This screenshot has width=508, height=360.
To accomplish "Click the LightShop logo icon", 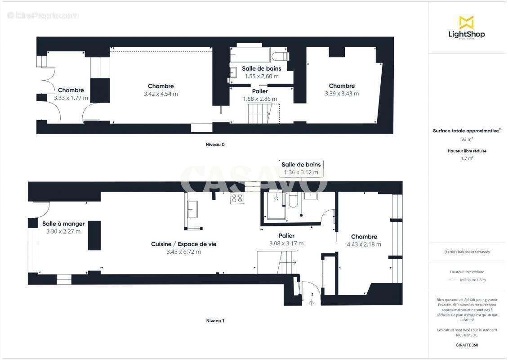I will pyautogui.click(x=466, y=22).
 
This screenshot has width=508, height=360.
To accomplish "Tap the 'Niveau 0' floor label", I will pyautogui.click(x=215, y=145).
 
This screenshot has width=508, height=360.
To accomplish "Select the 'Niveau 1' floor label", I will pyautogui.click(x=215, y=321).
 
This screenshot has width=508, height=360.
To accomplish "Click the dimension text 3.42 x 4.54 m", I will pyautogui.click(x=160, y=94).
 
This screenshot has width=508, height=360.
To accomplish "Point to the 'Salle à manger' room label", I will pyautogui.click(x=63, y=224).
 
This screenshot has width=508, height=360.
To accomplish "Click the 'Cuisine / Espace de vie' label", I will pyautogui.click(x=183, y=244).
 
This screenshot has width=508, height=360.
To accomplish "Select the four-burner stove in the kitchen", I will pyautogui.click(x=237, y=198).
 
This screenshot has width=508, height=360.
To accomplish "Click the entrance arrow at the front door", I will pyautogui.click(x=311, y=302).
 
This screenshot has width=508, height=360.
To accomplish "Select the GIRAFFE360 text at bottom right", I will pyautogui.click(x=467, y=345).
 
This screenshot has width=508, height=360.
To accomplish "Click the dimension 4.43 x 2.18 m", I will pyautogui.click(x=364, y=244).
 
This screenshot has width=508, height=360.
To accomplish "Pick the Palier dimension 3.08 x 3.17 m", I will pyautogui.click(x=286, y=243).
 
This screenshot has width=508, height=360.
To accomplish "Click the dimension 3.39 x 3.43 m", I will pyautogui.click(x=342, y=94).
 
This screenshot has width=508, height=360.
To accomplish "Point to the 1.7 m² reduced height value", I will pyautogui.click(x=467, y=158).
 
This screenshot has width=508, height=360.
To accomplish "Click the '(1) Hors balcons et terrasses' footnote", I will pyautogui.click(x=467, y=252).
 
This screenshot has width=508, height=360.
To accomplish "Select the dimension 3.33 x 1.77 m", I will pyautogui.click(x=71, y=98).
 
